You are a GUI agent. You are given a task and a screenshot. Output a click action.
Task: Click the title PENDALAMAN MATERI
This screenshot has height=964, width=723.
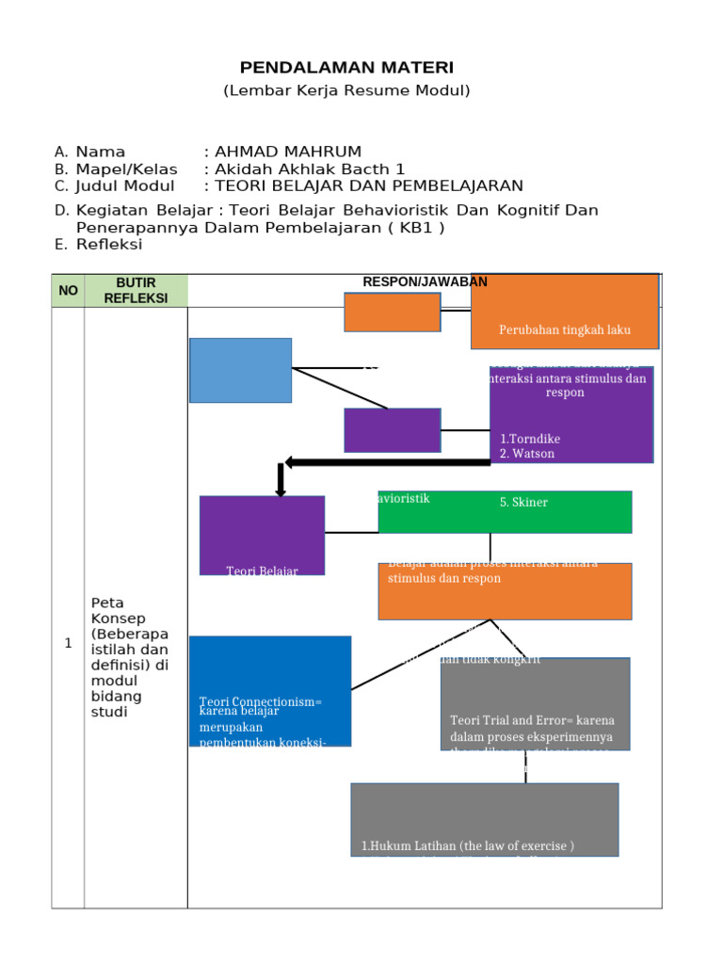[346, 67]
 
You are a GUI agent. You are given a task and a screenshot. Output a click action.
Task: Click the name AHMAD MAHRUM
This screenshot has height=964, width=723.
[288, 152]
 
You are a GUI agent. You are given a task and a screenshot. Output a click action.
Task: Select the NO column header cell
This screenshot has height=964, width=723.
[68, 291]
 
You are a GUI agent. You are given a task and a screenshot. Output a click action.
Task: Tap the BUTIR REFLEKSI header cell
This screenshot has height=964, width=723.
[136, 290]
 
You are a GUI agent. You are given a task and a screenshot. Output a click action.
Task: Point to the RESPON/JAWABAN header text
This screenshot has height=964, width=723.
[426, 281]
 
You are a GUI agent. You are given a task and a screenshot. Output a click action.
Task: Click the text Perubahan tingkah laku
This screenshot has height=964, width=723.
[565, 329]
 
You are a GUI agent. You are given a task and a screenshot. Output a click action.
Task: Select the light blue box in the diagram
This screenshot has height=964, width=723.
[240, 370]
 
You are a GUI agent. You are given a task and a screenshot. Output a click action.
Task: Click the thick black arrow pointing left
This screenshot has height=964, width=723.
[386, 461]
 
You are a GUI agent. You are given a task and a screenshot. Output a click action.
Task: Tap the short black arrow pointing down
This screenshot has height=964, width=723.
[280, 480]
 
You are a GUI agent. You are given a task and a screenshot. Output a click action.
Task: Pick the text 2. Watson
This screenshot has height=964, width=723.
[527, 454]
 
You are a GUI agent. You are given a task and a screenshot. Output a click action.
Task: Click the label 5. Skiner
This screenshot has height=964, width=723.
[523, 503]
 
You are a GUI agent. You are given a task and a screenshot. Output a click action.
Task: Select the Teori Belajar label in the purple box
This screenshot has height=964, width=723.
[262, 570]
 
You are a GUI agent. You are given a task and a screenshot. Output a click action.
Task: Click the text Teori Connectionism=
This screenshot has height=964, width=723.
[261, 701]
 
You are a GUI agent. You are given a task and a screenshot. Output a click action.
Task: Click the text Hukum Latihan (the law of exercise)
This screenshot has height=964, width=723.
[468, 846]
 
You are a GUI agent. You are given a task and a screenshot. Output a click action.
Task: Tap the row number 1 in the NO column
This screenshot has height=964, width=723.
[68, 644]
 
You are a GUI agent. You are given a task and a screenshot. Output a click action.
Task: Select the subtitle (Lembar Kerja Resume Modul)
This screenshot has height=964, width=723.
[346, 90]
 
